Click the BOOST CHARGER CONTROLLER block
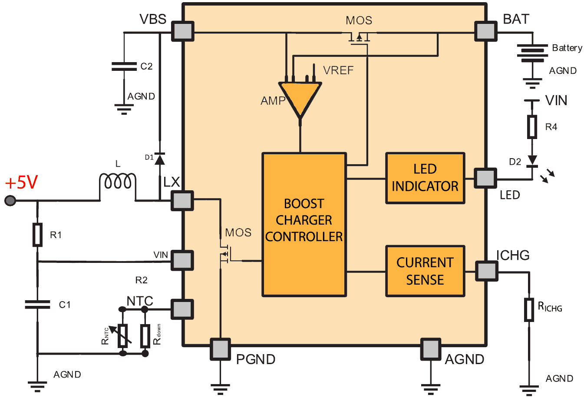304,225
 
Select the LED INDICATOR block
425,178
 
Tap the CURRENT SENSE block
425,271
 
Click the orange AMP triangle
300,98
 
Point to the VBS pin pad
182,31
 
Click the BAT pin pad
485,31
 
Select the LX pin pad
182,201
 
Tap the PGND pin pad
220,349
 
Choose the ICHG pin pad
486,271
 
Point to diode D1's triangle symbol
159,159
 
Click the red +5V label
21,182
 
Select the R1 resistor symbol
37,235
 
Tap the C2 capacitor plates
124,66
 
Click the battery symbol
532,53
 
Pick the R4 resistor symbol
532,127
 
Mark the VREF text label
338,70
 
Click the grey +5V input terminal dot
10,201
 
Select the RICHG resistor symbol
529,310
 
